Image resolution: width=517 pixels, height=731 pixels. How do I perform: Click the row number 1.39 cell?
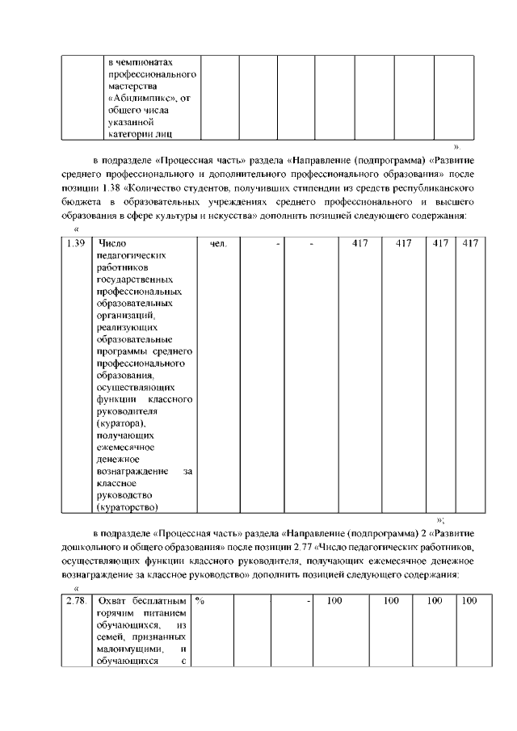(75, 243)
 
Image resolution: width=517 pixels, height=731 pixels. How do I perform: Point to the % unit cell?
(200, 601)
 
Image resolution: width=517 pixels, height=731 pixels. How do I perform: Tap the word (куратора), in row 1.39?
(123, 424)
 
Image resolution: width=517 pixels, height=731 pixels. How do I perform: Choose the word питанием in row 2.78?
(168, 613)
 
